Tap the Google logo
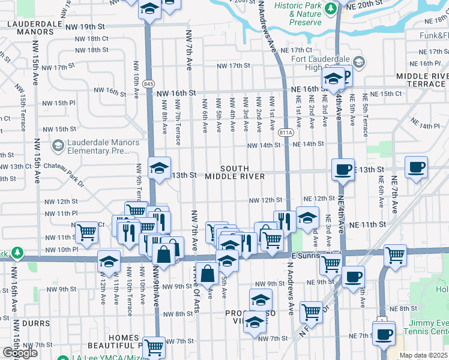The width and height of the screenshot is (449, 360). pos(20,352)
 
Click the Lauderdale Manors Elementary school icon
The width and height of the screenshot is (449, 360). pos(58,146)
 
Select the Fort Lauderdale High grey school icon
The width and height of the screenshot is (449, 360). pos(358,62)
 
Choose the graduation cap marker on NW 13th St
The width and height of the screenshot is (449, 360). pos(160,168)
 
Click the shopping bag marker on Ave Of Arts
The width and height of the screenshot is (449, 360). pos(207,274)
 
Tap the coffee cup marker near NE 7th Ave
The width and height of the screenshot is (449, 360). pos(416,167)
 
